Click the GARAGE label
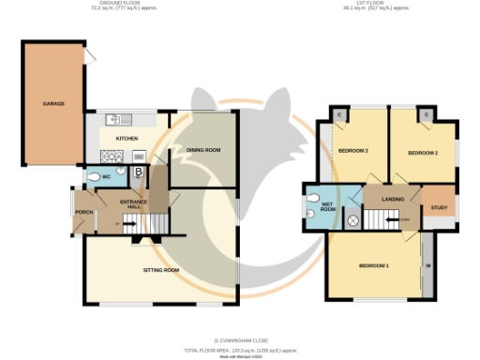pyautogui.click(x=52, y=103)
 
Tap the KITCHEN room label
pyautogui.click(x=127, y=139)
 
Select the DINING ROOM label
pyautogui.click(x=202, y=150)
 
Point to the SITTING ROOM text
pyautogui.click(x=160, y=270)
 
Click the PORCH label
pyautogui.click(x=83, y=212)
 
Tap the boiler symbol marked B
pyautogui.click(x=138, y=172)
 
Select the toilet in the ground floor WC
pyautogui.click(x=92, y=177)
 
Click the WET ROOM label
pyautogui.click(x=327, y=207)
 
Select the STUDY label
pyautogui.click(x=437, y=209)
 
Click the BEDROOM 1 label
pyautogui.click(x=374, y=266)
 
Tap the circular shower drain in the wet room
pyautogui.click(x=352, y=221)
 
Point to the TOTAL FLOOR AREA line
pyautogui.click(x=240, y=347)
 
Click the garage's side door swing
pyautogui.click(x=90, y=57)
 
